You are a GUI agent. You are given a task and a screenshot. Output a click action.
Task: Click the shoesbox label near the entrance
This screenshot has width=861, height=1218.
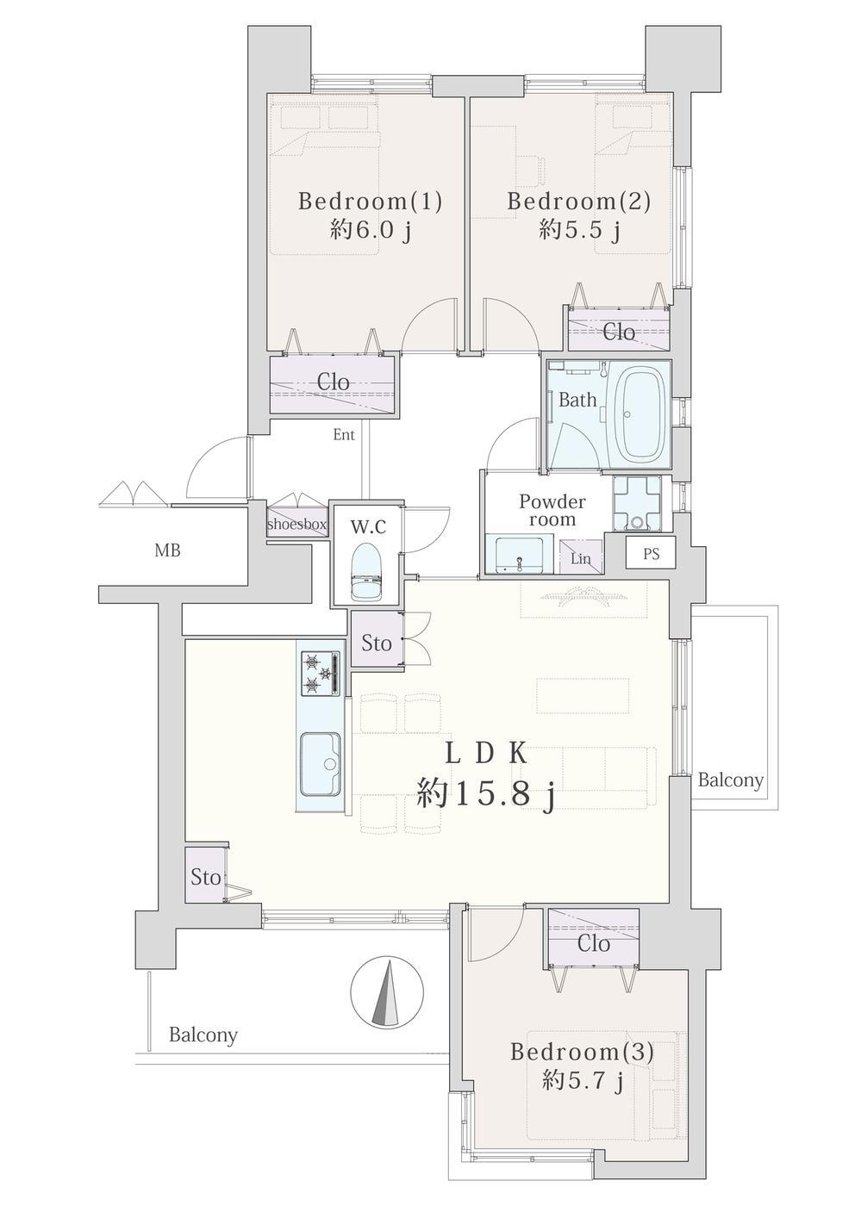[297, 525]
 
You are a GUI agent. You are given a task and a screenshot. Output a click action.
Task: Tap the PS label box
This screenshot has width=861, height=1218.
[651, 554]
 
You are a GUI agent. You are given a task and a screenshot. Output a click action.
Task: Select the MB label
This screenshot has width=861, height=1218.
[167, 550]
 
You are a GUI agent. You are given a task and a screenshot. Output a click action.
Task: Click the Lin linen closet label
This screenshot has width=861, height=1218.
[580, 558]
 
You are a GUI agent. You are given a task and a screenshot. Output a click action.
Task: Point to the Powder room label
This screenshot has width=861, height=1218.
[552, 510]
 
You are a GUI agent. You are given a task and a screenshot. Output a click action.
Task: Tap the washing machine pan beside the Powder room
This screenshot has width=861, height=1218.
[637, 502]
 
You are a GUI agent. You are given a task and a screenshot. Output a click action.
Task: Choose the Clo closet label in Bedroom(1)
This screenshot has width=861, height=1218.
[333, 382]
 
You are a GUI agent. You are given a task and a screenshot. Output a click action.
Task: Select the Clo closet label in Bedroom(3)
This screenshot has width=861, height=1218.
[594, 943]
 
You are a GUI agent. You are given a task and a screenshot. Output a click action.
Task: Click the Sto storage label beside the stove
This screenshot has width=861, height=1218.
[377, 643]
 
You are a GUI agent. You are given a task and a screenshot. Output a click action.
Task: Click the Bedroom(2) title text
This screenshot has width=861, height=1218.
[578, 202]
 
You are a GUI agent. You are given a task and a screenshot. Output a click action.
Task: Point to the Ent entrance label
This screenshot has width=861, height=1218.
[344, 435]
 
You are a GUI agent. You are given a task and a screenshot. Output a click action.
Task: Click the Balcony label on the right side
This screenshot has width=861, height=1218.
[731, 780]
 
